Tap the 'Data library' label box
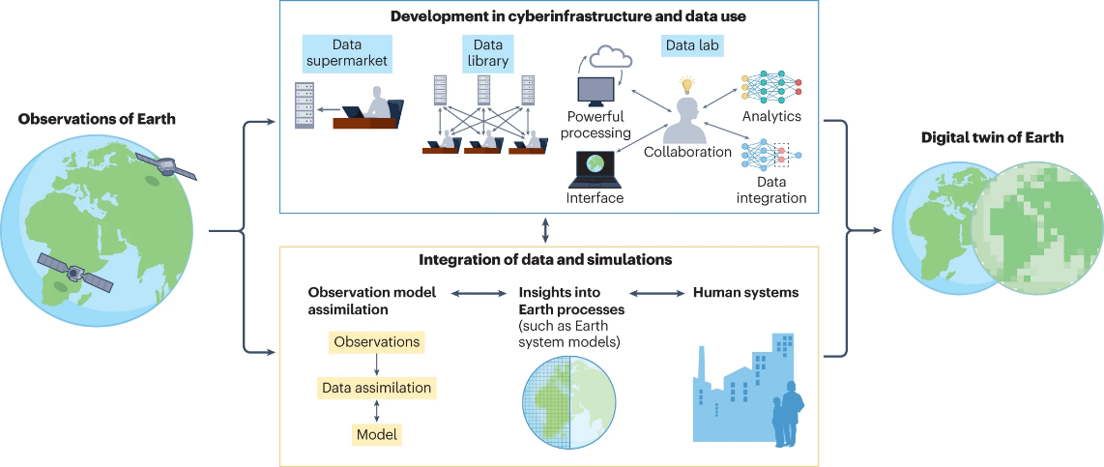(487, 53)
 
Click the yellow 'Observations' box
(376, 341)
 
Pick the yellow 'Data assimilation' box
(376, 388)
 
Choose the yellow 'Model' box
(376, 433)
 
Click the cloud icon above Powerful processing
(609, 59)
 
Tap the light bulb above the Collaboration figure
(688, 85)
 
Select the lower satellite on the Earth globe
(74, 272)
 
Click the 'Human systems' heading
(745, 291)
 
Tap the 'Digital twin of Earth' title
(993, 137)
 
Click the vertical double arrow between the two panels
(547, 230)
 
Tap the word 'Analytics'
(771, 116)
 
